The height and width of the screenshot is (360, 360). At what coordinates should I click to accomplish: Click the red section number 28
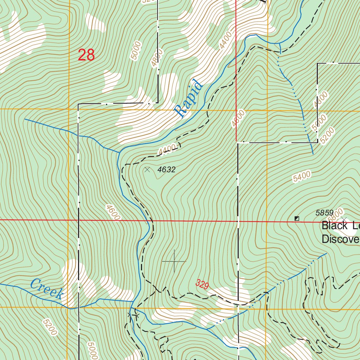coord(86,55)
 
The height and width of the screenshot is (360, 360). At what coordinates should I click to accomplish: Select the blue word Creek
coord(46,288)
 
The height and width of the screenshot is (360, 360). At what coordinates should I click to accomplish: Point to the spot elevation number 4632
coord(166,170)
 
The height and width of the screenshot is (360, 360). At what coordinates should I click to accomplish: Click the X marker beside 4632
coord(147,170)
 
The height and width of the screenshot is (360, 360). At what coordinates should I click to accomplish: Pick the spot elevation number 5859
coord(324,213)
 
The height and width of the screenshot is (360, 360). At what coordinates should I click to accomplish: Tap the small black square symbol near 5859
coord(297,219)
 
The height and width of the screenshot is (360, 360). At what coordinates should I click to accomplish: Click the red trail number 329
coord(202,284)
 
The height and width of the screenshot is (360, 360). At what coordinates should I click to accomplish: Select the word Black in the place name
coord(334,226)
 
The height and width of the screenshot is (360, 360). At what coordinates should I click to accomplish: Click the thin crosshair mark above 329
coord(174,261)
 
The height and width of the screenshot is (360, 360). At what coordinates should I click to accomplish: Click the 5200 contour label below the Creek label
coord(49,327)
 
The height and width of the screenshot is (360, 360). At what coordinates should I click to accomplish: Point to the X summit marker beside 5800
coord(344,220)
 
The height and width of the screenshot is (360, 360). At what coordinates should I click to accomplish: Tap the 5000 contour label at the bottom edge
coord(92,351)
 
